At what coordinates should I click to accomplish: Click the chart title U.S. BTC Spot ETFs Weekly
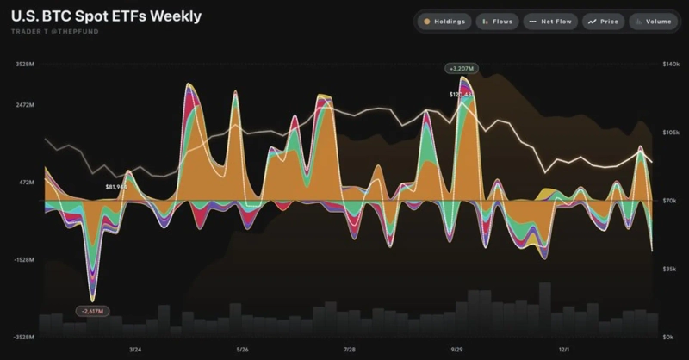pyautogui.click(x=107, y=16)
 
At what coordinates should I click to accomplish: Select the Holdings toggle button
pyautogui.click(x=444, y=21)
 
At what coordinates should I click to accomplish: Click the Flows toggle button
pyautogui.click(x=498, y=21)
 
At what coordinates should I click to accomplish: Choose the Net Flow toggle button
pyautogui.click(x=550, y=21)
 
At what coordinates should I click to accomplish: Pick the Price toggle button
pyautogui.click(x=604, y=21)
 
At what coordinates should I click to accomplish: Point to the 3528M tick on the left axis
pyautogui.click(x=25, y=65)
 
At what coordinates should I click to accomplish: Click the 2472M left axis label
pyautogui.click(x=25, y=104)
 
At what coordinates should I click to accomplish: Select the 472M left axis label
pyautogui.click(x=27, y=183)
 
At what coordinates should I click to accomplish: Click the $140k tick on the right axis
pyautogui.click(x=671, y=65)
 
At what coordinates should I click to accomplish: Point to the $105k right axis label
pyautogui.click(x=671, y=133)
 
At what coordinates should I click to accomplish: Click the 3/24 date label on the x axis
pyautogui.click(x=134, y=350)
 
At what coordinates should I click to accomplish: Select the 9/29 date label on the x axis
pyautogui.click(x=457, y=350)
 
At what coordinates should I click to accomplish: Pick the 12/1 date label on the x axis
pyautogui.click(x=564, y=350)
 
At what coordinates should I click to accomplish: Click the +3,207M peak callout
pyautogui.click(x=461, y=68)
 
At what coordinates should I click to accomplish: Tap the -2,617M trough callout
pyautogui.click(x=91, y=310)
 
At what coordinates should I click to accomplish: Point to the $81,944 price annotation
pyautogui.click(x=115, y=186)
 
